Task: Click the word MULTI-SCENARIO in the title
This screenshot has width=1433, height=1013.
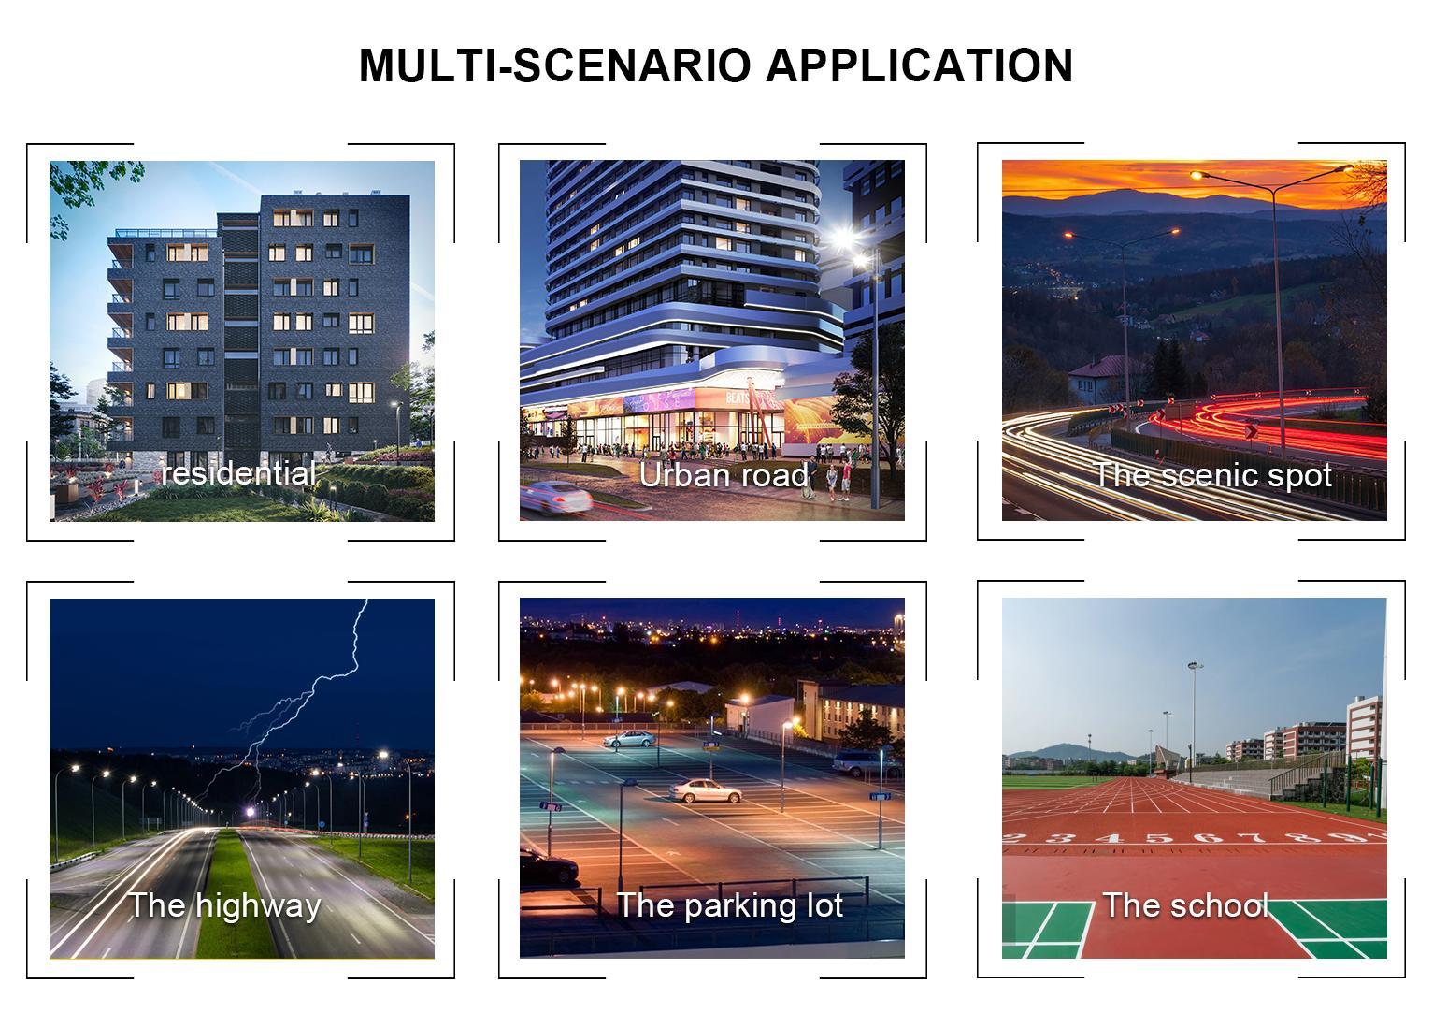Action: pyautogui.click(x=555, y=65)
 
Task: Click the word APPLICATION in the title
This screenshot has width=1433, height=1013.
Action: pyautogui.click(x=919, y=65)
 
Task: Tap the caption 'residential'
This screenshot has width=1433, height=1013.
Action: pyautogui.click(x=238, y=473)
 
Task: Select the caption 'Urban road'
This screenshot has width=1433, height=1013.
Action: pyautogui.click(x=724, y=475)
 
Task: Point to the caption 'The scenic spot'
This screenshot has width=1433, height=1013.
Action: pyautogui.click(x=1213, y=476)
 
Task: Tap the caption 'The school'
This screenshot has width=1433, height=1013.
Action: pyautogui.click(x=1185, y=905)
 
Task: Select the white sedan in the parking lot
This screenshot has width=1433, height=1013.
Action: pyautogui.click(x=705, y=790)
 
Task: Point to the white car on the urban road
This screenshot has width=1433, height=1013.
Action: pyautogui.click(x=555, y=497)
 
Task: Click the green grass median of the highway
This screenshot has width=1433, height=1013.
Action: pyautogui.click(x=236, y=896)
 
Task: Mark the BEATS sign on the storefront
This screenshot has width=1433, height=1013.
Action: pyautogui.click(x=738, y=398)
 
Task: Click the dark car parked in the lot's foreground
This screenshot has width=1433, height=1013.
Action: pyautogui.click(x=548, y=866)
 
